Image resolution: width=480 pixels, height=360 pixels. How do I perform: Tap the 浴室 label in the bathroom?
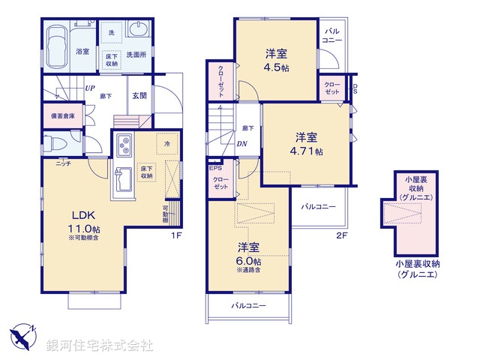point(82,51)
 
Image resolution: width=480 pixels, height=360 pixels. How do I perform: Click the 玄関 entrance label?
point(140,95)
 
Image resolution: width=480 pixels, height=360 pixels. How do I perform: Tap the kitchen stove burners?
point(122,143)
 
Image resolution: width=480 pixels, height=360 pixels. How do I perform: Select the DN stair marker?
point(242,145)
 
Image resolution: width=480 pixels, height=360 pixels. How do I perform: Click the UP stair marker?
point(89,88)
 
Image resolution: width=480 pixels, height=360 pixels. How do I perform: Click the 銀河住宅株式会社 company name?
point(100,346)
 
